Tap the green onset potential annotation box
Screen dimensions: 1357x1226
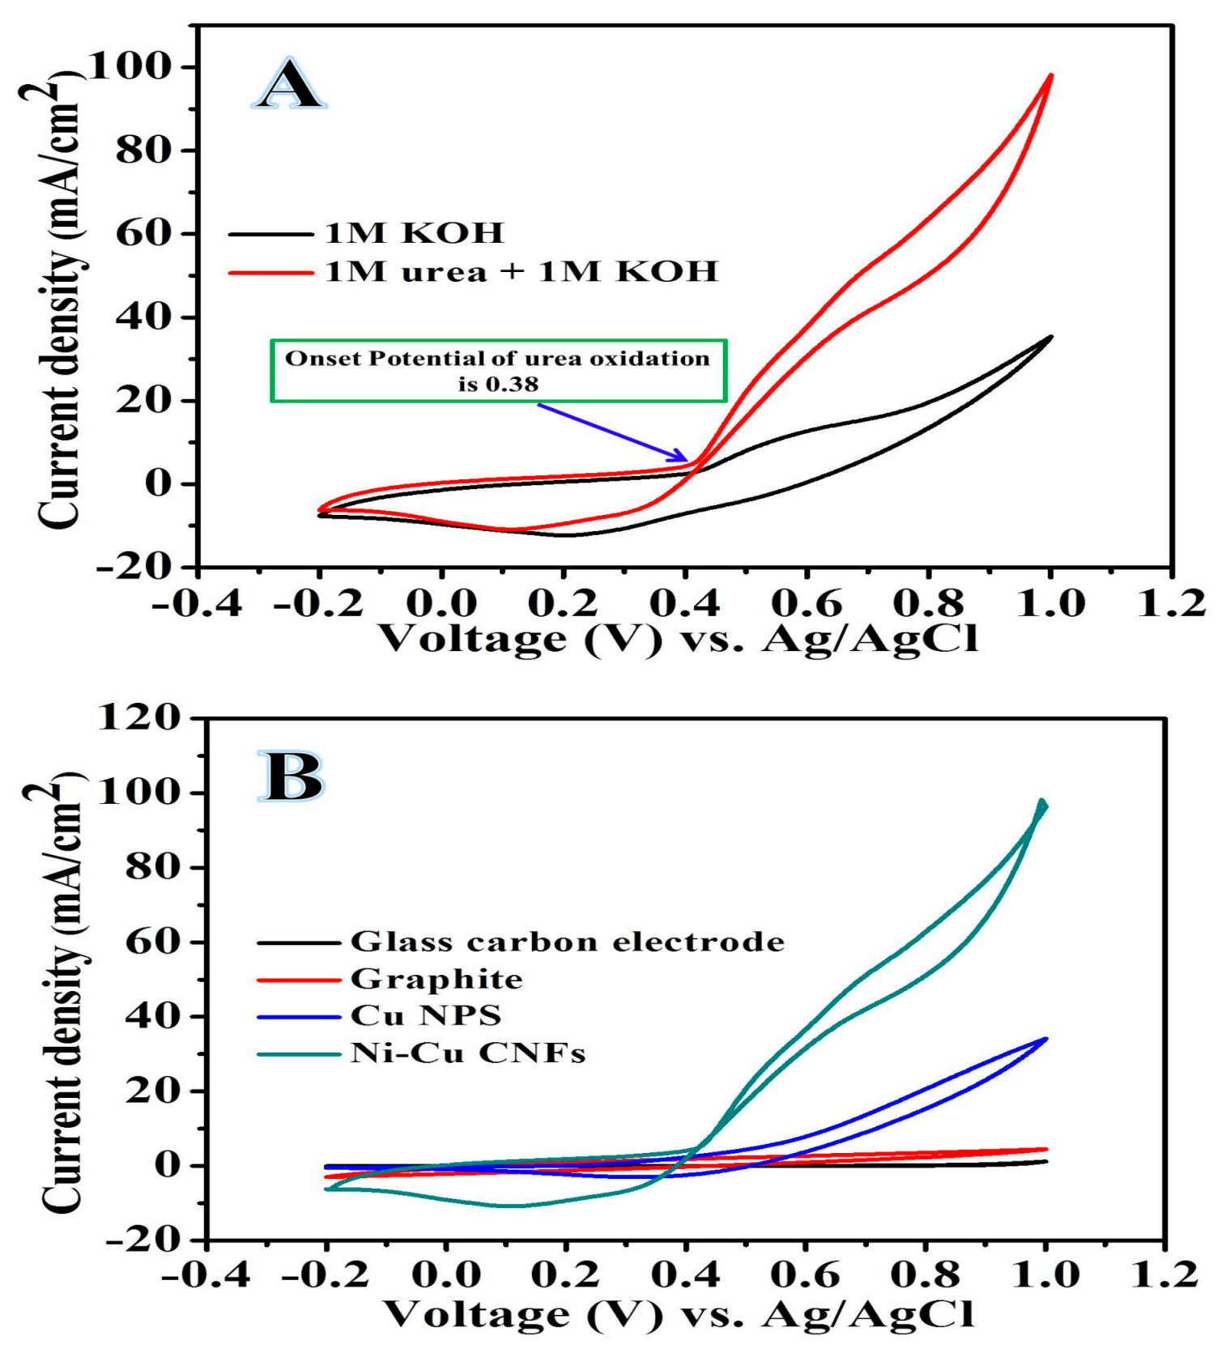click(498, 371)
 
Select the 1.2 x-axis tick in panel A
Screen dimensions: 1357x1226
click(1171, 603)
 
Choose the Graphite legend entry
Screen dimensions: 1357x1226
click(436, 979)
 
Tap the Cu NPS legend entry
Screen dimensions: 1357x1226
click(425, 1015)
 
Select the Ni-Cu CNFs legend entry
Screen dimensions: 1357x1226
click(467, 1053)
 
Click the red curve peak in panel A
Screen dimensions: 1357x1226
click(1051, 74)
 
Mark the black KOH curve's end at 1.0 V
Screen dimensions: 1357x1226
click(1051, 337)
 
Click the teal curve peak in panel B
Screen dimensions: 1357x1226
click(1042, 802)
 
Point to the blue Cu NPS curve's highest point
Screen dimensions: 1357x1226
click(1046, 1039)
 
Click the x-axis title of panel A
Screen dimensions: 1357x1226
click(679, 640)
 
